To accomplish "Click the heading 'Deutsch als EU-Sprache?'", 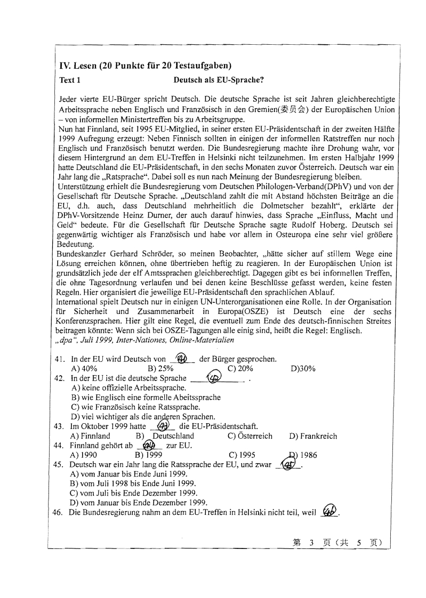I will [x=219, y=80].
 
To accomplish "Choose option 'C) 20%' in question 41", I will [x=240, y=368].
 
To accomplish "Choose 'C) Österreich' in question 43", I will [x=250, y=436].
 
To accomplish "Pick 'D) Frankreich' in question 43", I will [x=313, y=436].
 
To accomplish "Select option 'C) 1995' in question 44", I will [x=242, y=455].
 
